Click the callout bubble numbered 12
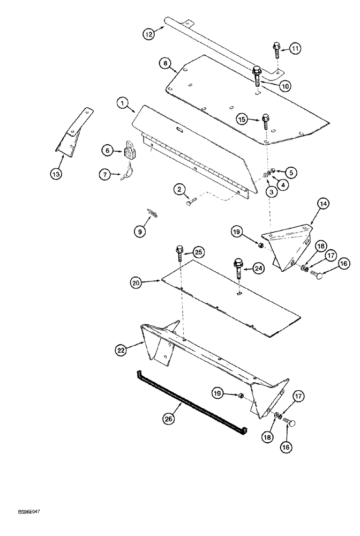148,34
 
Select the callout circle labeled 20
136,281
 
